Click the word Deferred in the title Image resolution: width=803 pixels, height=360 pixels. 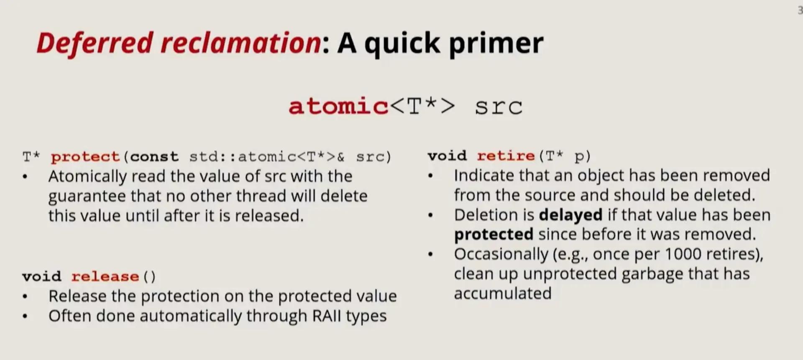95,43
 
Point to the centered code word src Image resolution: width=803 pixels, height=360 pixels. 499,107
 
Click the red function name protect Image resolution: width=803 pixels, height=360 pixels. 85,157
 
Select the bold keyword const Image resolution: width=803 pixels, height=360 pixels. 154,156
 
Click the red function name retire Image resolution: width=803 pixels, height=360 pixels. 506,156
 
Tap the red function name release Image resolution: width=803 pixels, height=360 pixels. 105,276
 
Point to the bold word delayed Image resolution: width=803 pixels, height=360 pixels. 570,215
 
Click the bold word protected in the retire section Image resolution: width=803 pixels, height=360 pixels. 494,235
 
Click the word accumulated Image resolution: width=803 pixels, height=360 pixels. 503,294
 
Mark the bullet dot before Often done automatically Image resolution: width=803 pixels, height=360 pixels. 25,316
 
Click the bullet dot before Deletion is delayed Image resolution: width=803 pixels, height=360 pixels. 430,215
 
